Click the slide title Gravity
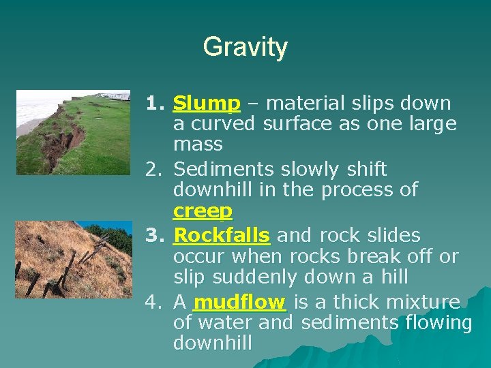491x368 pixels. (245, 47)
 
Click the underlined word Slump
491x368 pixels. (207, 104)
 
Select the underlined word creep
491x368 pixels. (203, 211)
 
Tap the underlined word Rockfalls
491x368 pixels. (222, 236)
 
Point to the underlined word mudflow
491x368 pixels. (239, 302)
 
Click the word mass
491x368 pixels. (198, 144)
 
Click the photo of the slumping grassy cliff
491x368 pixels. (72, 132)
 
